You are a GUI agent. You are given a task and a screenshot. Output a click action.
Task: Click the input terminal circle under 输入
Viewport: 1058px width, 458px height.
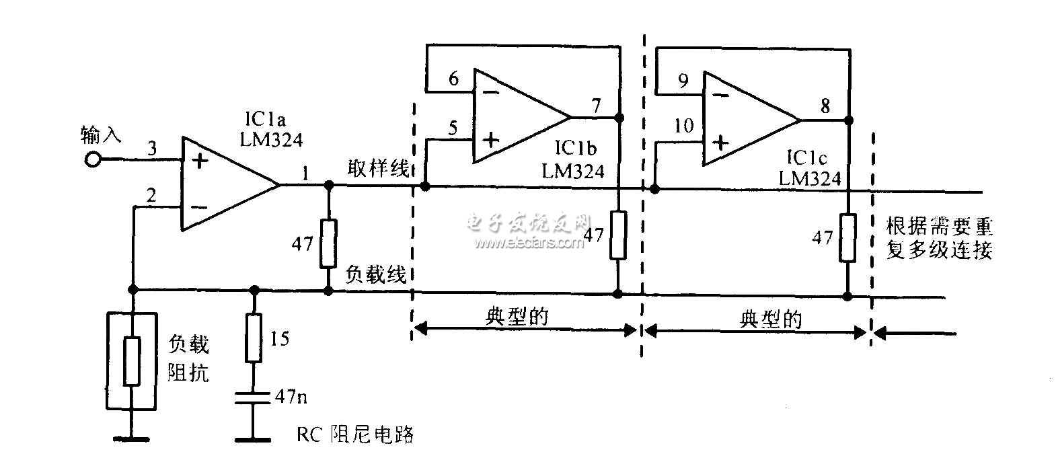point(93,160)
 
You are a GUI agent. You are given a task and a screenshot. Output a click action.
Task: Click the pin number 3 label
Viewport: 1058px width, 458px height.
point(152,149)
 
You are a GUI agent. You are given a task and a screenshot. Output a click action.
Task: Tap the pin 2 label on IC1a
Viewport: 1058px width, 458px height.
point(152,196)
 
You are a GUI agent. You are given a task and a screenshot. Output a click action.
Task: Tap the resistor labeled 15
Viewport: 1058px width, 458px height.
point(254,339)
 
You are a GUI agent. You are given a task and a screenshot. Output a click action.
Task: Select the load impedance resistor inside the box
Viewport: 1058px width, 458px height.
point(133,361)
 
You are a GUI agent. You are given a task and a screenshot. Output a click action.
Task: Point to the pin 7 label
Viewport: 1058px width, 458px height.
point(596,106)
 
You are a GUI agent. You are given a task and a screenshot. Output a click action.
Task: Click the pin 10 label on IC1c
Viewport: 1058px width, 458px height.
point(683,126)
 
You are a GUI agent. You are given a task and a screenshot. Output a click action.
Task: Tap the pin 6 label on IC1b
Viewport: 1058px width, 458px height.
point(454,79)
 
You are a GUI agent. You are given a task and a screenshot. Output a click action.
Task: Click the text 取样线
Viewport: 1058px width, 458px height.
point(378,167)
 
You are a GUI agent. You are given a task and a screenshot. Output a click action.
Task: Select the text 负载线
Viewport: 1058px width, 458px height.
point(377,275)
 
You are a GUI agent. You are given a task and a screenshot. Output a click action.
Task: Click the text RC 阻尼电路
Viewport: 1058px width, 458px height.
point(354,435)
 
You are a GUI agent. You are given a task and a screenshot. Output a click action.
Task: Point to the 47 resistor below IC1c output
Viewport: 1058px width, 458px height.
point(847,237)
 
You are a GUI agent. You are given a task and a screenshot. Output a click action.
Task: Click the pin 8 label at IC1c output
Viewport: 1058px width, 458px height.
point(825,106)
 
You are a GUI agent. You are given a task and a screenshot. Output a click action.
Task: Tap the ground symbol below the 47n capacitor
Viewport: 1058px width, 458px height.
point(254,439)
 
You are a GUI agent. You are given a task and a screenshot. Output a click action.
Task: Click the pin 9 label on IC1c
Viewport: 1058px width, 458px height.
point(683,81)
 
